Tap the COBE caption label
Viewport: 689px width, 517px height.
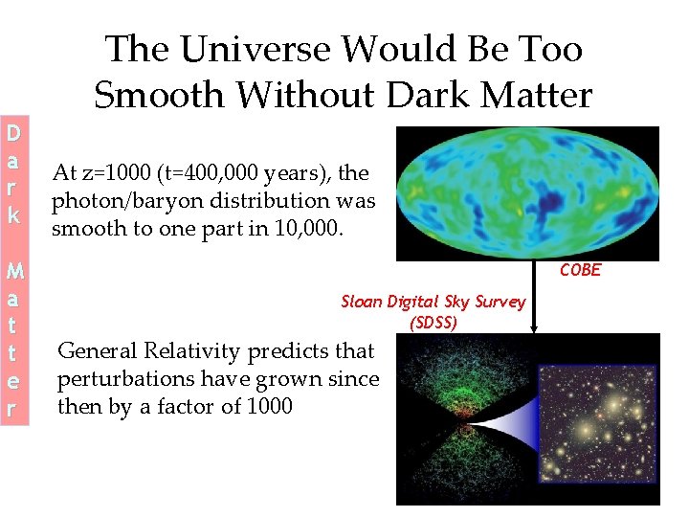coord(580,270)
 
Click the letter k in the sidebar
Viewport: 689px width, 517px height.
coord(14,216)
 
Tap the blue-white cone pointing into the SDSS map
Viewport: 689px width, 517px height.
coord(502,418)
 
